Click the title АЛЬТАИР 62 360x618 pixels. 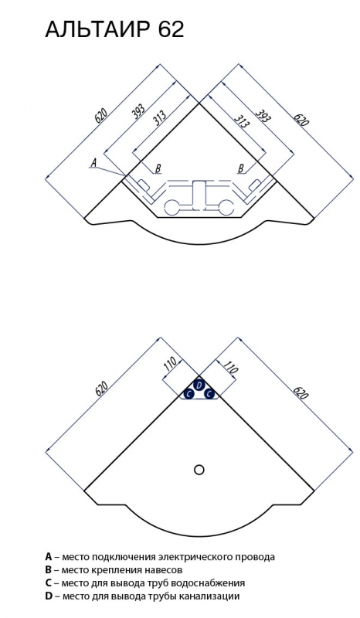[x=115, y=29]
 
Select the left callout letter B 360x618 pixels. [x=158, y=168]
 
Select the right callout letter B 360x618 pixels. [x=241, y=168]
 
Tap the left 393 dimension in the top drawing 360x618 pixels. [x=138, y=110]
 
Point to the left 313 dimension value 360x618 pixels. [x=159, y=117]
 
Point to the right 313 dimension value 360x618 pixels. [x=242, y=121]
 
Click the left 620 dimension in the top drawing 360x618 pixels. [x=101, y=114]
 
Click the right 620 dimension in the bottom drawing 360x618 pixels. [x=301, y=392]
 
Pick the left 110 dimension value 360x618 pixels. [x=169, y=365]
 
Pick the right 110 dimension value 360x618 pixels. [x=230, y=368]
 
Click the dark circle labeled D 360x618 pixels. [x=199, y=384]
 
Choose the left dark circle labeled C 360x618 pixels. [x=188, y=393]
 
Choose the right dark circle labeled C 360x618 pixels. [x=209, y=393]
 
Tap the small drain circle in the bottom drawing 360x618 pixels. [x=199, y=470]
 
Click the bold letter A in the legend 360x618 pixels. [x=49, y=557]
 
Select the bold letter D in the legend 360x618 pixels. [x=49, y=596]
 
